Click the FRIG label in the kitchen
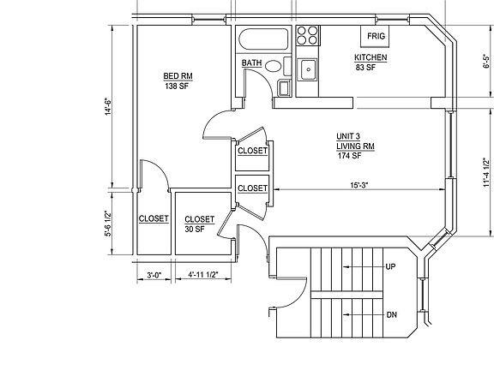point(376,36)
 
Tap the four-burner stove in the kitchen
point(308,35)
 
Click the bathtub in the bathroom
point(263,39)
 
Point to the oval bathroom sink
point(273,66)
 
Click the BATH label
point(251,63)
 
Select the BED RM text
point(178,76)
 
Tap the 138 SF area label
point(177,86)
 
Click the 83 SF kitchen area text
point(365,67)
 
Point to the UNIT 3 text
point(348,136)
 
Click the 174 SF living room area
point(349,155)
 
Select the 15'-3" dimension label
point(359,185)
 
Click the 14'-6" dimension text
point(108,107)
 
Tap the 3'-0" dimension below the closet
point(154,275)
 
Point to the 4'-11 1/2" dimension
point(203,274)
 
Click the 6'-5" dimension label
point(486,62)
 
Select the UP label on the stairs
point(390,267)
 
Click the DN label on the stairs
point(392,314)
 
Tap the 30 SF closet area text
point(195,229)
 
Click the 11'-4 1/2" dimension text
point(486,172)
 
